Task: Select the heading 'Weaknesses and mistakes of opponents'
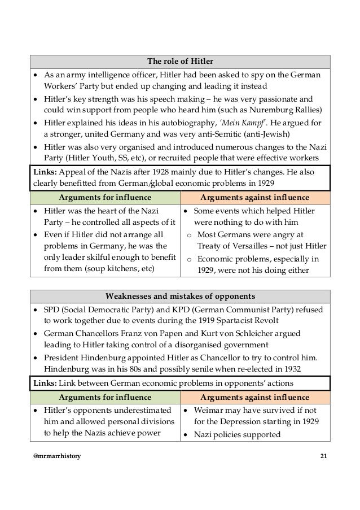181,296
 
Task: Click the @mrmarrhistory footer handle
56,456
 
